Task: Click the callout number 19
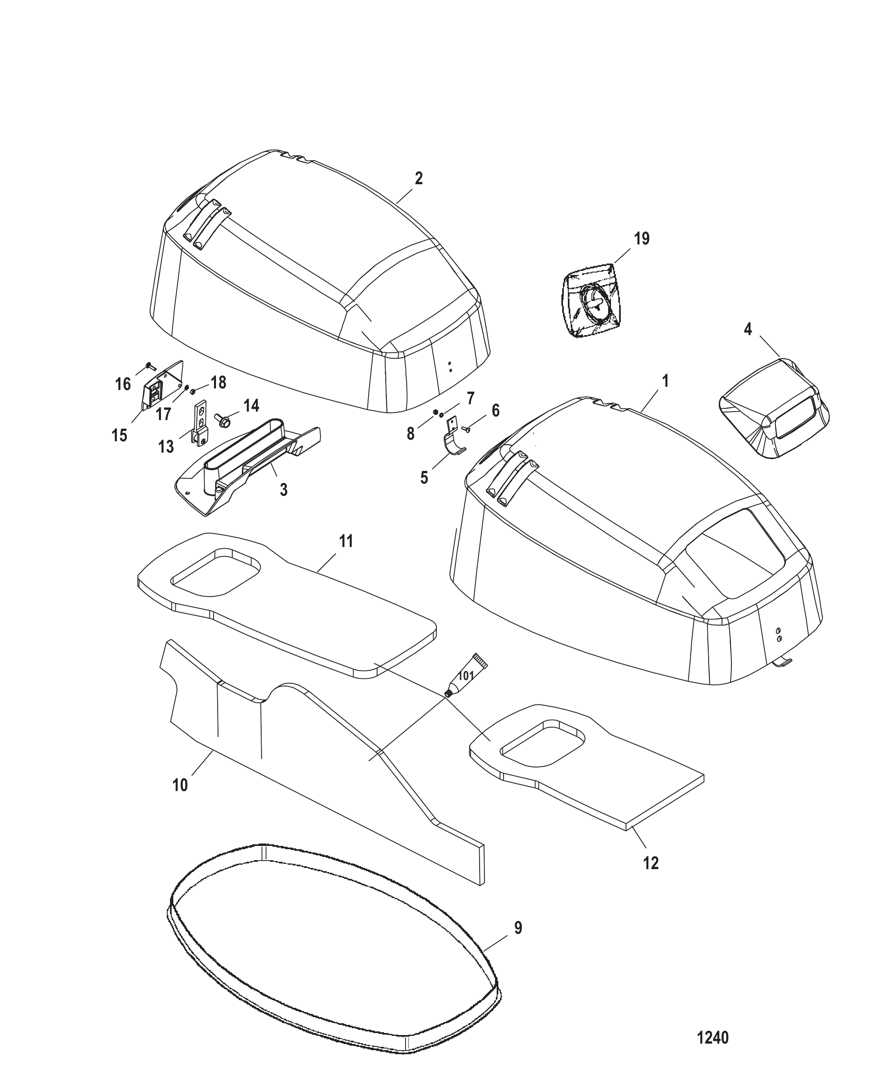point(641,238)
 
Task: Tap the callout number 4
point(748,330)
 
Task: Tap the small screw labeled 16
point(150,366)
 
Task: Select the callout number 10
point(180,785)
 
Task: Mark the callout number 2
point(419,179)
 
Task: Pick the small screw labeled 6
point(465,428)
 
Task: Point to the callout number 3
point(284,490)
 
